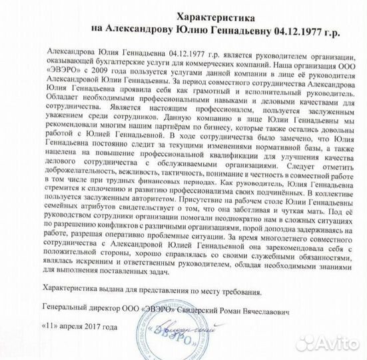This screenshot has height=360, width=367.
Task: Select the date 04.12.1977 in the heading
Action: [286, 29]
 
